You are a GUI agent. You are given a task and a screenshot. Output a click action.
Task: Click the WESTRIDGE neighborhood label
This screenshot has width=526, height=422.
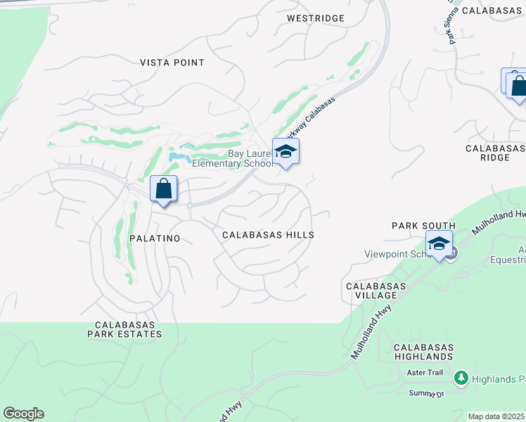coord(316,18)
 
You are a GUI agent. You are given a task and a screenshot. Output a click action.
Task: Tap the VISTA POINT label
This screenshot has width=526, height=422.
coord(172,63)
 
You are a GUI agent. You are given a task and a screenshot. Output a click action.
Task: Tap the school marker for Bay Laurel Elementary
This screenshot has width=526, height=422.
coord(286,152)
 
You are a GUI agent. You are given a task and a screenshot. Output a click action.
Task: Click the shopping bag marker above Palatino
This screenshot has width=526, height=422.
coord(163,189)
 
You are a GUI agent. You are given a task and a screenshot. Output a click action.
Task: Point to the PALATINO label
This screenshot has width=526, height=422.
coord(155,238)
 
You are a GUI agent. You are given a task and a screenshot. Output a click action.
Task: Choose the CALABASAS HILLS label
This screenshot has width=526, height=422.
coord(268,235)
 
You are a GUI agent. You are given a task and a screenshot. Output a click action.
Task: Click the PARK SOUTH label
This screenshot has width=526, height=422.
coord(423,226)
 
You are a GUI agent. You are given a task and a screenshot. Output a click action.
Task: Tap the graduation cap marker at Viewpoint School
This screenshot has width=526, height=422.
coord(439,244)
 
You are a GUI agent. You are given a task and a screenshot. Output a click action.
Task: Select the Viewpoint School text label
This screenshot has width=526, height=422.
coord(394,255)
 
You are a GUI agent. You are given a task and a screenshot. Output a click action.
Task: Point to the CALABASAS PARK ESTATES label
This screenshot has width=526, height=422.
coord(124,329)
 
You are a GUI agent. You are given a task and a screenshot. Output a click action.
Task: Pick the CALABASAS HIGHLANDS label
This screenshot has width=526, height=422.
coord(423,352)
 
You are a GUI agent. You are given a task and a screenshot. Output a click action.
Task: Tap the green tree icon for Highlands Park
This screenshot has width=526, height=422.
coord(461,379)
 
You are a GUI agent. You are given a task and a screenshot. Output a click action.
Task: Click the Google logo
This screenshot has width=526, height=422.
coord(23,414)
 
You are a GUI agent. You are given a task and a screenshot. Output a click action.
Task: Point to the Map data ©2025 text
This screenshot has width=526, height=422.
coord(496,416)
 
